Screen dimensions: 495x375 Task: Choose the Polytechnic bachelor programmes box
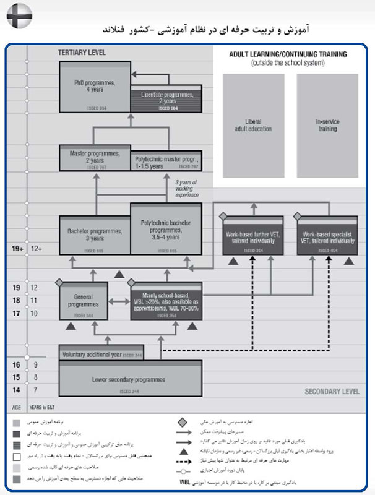pyautogui.click(x=166, y=229)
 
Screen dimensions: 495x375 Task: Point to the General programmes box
pyautogui.click(x=84, y=301)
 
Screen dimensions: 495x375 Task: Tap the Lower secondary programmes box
pyautogui.click(x=131, y=378)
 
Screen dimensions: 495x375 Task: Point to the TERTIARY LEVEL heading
pyautogui.click(x=80, y=54)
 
